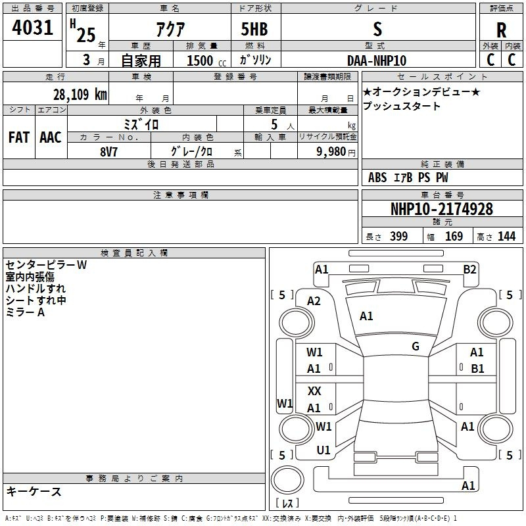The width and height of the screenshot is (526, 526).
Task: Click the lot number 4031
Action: coord(33,30)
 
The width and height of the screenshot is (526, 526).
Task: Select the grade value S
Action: coord(377,30)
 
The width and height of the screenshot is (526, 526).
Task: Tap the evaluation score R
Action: coord(501,31)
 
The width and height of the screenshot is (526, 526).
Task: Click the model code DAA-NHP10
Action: coord(377,60)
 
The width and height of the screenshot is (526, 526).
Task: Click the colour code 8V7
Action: coord(109,151)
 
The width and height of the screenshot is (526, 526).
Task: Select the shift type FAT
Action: coord(18,137)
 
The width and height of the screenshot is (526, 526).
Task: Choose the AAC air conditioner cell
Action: coord(50,137)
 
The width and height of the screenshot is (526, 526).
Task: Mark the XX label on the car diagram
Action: coord(314,391)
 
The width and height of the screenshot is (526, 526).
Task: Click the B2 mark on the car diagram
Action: coord(469,269)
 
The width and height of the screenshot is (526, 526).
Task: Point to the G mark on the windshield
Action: coord(416,346)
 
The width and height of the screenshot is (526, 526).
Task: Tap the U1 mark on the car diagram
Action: coord(323,450)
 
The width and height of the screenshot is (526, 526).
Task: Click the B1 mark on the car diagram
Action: coord(477,369)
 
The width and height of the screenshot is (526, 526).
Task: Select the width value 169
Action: coord(454,237)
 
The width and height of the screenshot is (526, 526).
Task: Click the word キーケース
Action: coord(34,491)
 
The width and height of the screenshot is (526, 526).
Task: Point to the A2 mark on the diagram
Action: coord(314,301)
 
